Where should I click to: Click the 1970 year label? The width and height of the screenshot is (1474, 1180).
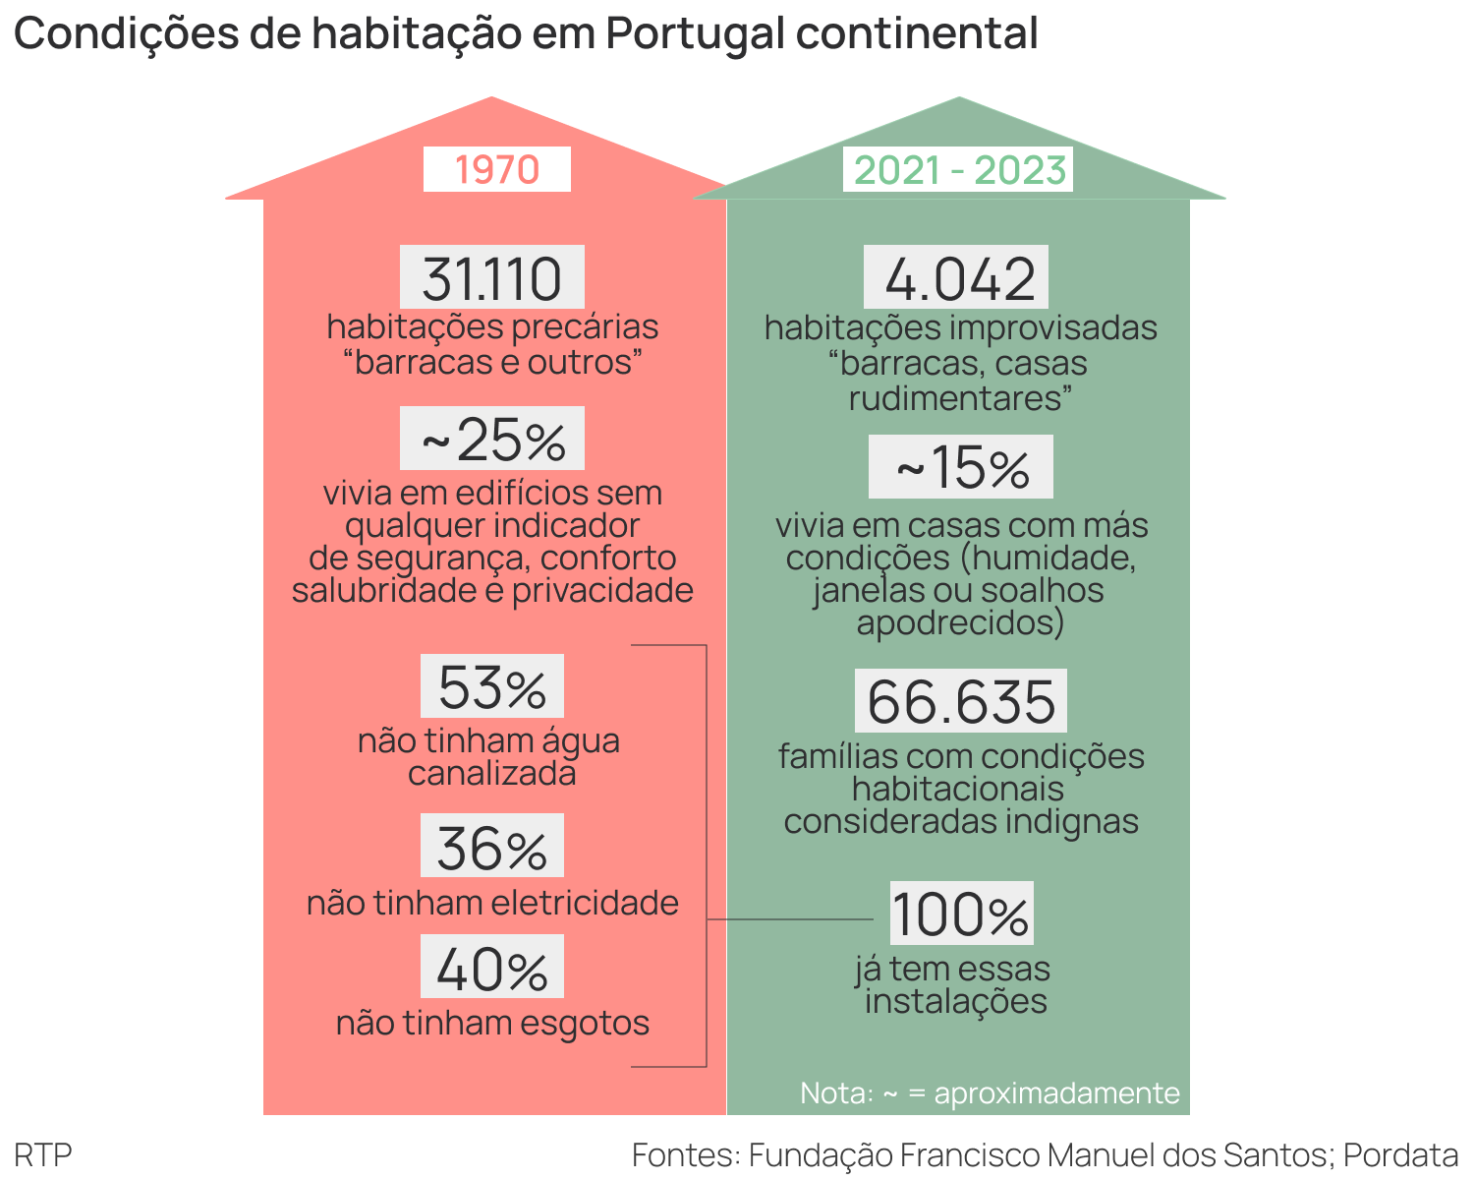[497, 170]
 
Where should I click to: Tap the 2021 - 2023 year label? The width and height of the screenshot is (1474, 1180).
[959, 170]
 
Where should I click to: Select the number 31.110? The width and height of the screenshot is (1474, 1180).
[492, 278]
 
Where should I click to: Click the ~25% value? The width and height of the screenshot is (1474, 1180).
[492, 440]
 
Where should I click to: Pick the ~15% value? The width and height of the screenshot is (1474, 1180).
[961, 467]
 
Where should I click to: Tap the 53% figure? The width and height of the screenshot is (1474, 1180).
[492, 687]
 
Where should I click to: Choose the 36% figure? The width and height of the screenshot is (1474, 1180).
[492, 848]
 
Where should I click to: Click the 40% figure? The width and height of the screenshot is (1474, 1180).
[492, 969]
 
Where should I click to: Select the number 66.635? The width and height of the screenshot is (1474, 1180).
[961, 701]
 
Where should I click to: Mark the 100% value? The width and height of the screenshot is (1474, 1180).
[961, 914]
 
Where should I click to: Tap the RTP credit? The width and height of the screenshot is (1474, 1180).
[43, 1154]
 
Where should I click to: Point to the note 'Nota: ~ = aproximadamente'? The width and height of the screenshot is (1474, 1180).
[990, 1092]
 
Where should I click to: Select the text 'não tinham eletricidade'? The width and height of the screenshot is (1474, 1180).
[492, 903]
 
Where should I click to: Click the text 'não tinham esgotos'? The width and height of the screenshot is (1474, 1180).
[492, 1023]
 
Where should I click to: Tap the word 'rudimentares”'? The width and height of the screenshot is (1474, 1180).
[960, 398]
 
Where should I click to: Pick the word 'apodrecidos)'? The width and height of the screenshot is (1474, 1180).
[960, 622]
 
